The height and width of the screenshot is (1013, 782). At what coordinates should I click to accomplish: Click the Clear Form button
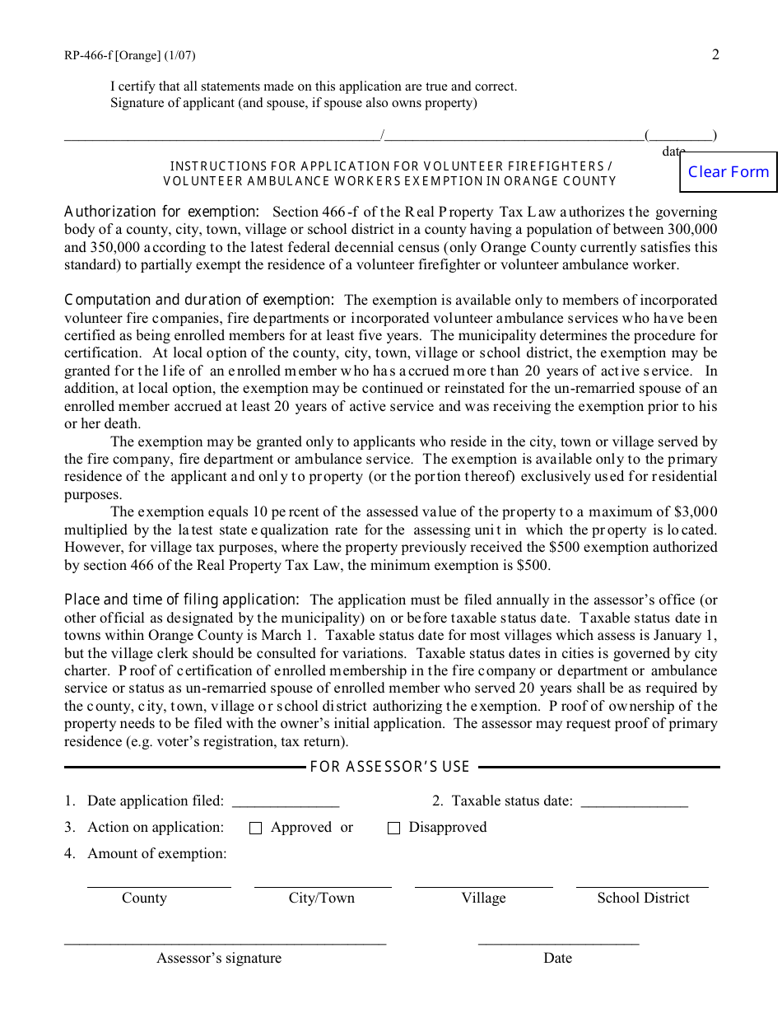pyautogui.click(x=728, y=172)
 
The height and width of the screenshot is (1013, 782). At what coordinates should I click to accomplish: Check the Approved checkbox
pyautogui.click(x=255, y=829)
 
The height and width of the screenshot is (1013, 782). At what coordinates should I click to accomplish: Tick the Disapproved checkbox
pyautogui.click(x=393, y=829)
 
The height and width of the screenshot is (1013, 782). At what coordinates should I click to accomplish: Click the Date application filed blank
pyautogui.click(x=286, y=801)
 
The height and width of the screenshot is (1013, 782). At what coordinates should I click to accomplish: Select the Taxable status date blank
pyautogui.click(x=634, y=801)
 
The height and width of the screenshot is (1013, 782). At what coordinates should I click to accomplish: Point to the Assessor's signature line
pyautogui.click(x=225, y=939)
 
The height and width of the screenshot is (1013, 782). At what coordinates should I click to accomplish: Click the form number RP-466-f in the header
pyautogui.click(x=89, y=56)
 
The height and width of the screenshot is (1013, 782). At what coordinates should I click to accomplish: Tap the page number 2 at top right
pyautogui.click(x=715, y=54)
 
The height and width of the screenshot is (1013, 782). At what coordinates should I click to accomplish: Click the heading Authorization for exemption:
pyautogui.click(x=162, y=212)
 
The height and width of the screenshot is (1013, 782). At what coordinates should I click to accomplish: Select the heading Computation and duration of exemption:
pyautogui.click(x=199, y=301)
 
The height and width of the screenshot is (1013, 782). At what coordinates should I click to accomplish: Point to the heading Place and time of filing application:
pyautogui.click(x=182, y=600)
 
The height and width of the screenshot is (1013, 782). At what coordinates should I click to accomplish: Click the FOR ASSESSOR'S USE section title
pyautogui.click(x=389, y=768)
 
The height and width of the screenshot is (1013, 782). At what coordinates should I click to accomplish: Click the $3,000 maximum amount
pyautogui.click(x=696, y=512)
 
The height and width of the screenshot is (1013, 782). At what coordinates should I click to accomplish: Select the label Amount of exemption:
pyautogui.click(x=157, y=854)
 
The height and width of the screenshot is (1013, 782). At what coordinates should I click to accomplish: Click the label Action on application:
pyautogui.click(x=156, y=828)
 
